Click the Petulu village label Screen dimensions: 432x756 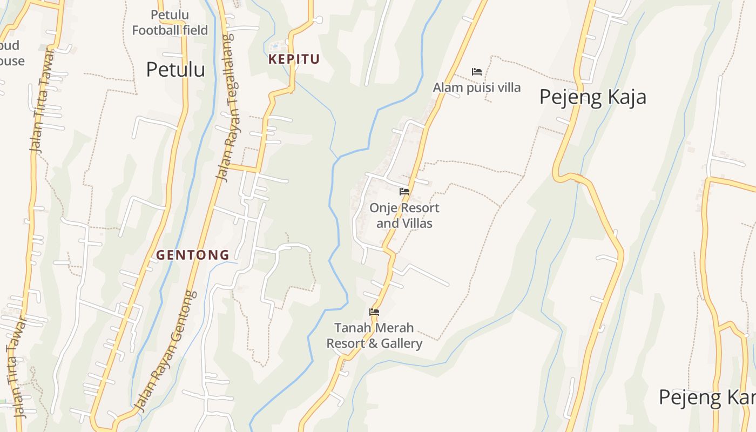(x=175, y=70)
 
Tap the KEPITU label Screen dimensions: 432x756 (x=294, y=59)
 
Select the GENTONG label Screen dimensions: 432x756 (x=193, y=255)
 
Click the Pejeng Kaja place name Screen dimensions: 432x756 (x=592, y=97)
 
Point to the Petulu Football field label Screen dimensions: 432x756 (x=170, y=23)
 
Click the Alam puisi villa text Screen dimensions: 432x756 (x=477, y=87)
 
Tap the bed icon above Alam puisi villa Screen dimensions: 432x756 (x=476, y=71)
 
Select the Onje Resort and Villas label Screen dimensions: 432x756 (x=404, y=215)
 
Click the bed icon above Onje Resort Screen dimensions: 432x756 (x=404, y=192)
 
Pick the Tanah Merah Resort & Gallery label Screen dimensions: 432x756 (x=374, y=335)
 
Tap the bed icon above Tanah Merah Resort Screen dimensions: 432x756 (x=374, y=312)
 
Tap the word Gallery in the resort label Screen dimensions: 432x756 (x=401, y=343)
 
